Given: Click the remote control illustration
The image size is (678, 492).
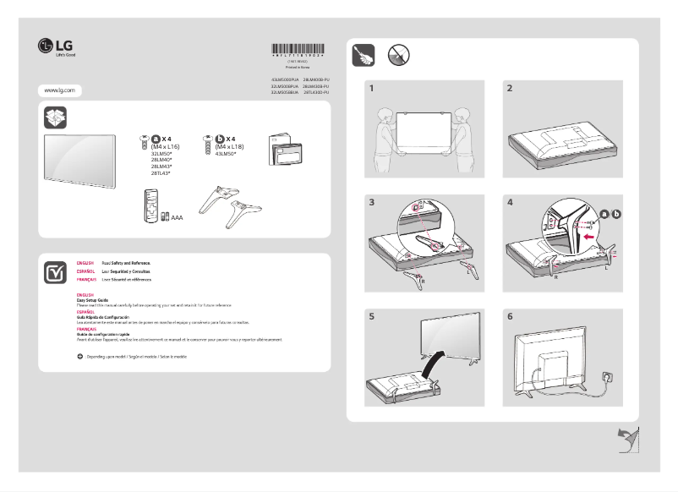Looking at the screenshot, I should (151, 207).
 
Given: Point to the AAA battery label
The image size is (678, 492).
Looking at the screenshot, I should (177, 217).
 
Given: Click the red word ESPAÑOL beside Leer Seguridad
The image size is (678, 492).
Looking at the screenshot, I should (85, 271).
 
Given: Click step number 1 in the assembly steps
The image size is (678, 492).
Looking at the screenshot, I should (371, 88).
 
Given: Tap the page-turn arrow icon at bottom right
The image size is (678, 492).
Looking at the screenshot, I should (627, 440).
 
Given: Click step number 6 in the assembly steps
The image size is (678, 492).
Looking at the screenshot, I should (510, 317).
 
